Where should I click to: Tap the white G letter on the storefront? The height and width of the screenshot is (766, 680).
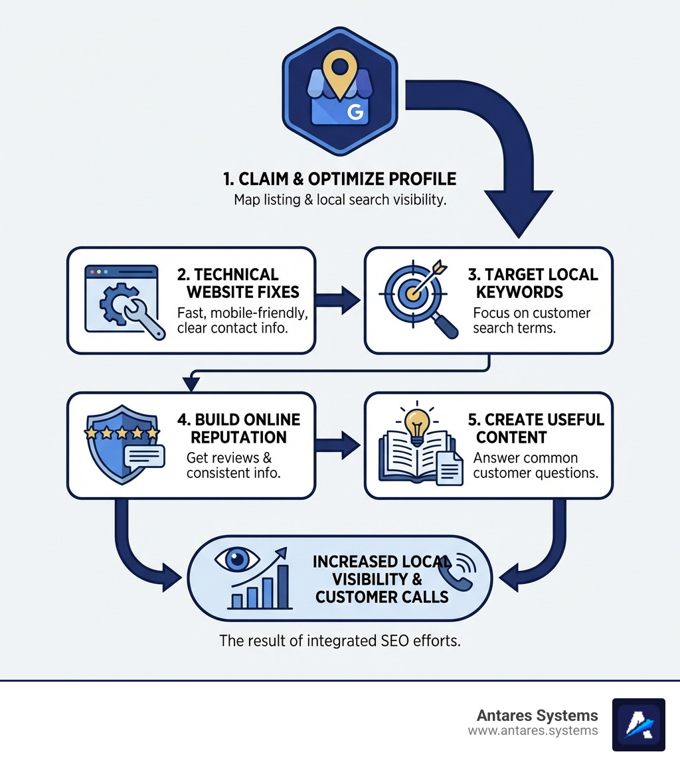pos(355,113)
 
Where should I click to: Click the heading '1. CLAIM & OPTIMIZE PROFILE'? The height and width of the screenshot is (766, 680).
pos(339,179)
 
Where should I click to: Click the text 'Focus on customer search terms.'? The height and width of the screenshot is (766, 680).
pos(531,321)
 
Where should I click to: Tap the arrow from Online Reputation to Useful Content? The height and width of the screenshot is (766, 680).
pos(339,445)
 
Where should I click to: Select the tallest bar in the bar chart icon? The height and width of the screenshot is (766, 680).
pos(284,587)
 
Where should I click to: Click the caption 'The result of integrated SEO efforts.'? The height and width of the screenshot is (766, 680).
pos(339,642)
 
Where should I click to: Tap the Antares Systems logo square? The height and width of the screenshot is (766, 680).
pos(638,725)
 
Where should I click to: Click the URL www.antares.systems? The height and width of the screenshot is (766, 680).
pos(533,731)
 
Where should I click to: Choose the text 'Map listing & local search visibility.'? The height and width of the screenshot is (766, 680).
pos(339,200)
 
